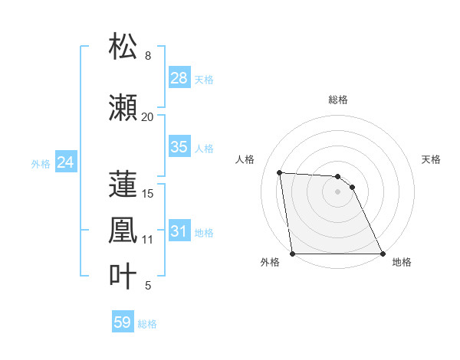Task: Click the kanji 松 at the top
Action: coord(124,47)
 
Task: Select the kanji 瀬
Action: coord(124,108)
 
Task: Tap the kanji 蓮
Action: coord(124,185)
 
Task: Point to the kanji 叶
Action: coord(124,277)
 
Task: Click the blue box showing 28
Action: coord(179,78)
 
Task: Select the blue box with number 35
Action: coord(179,147)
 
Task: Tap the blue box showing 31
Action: coord(179,231)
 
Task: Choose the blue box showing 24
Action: coord(65,162)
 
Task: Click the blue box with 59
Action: coord(123,322)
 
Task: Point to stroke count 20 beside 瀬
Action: coord(147,117)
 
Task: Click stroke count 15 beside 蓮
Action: coord(149,194)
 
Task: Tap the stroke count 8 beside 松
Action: coord(148,56)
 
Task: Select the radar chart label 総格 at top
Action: coord(338,100)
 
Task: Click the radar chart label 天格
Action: coord(431,159)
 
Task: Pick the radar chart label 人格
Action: coord(245,159)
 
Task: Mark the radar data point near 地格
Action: coord(382,254)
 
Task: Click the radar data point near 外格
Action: coord(293,254)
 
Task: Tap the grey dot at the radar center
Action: coord(337,191)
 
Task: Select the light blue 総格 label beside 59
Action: coord(147,324)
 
